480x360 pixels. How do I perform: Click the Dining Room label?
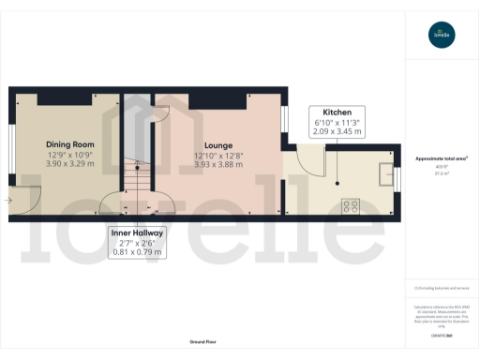71,144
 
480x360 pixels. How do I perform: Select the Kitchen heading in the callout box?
337,112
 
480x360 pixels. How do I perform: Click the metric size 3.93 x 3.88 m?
217,165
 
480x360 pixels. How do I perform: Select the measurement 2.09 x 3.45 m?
337,133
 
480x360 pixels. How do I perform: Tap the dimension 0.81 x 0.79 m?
133,251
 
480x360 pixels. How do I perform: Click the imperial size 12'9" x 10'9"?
71,155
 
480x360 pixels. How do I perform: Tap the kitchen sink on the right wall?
386,175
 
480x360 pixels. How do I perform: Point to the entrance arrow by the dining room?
8,200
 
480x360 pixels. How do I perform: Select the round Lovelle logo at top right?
441,36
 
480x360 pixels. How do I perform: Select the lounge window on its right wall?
284,120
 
